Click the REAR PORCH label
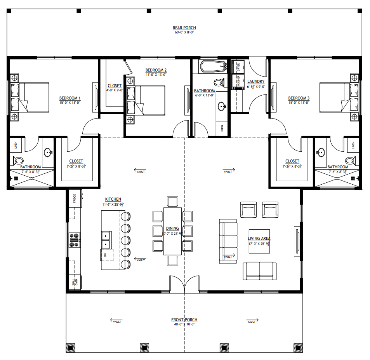coord(184,28)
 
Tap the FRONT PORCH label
coord(184,320)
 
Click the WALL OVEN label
coord(74,282)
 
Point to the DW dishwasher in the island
coord(105,255)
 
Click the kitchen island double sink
coord(106,240)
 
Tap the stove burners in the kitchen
coord(75,240)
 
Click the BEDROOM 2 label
coord(156,70)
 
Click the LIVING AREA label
coord(259,239)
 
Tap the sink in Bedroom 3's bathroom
coord(321,152)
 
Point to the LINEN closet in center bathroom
coord(222,128)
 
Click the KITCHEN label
coord(113,199)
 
